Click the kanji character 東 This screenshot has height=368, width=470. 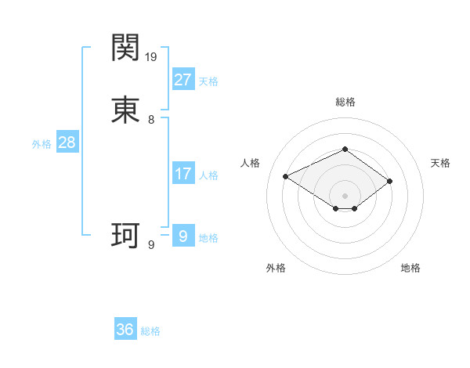point(125,110)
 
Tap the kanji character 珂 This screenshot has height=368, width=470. point(125,234)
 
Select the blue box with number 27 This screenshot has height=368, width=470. point(183,80)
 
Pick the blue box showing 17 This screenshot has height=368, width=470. point(183,174)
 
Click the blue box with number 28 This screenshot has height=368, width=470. point(67,143)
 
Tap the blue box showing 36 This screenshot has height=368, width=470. point(125,330)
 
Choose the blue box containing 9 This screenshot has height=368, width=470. point(183,236)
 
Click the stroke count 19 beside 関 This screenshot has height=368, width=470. point(152,56)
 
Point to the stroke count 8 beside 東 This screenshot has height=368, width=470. point(151,120)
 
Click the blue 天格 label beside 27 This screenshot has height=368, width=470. point(208,81)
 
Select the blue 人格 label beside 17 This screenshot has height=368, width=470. point(208,175)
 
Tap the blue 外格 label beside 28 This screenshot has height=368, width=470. point(42,144)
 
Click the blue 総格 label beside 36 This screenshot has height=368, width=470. point(150,331)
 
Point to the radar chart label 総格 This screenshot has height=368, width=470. point(345,102)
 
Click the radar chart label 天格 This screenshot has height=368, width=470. point(440,163)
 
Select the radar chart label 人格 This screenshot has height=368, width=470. point(250,163)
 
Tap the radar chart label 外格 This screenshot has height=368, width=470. point(276,268)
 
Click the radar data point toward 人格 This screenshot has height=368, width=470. point(286,175)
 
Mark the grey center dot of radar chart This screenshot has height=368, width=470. point(345,195)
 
